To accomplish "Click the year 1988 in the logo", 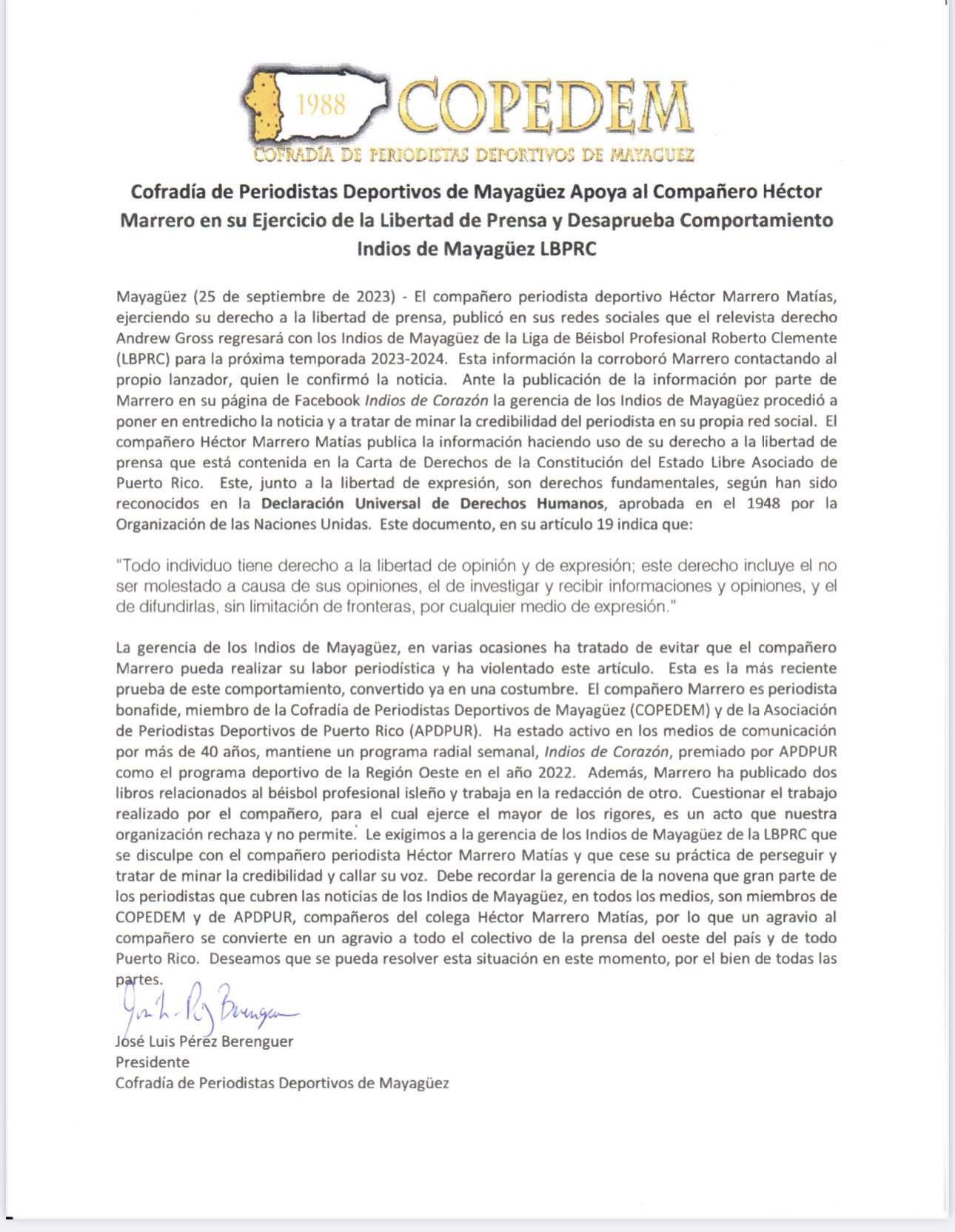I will point(321,104).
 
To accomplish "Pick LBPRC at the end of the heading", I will point(568,248).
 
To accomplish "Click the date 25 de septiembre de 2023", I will point(292,296).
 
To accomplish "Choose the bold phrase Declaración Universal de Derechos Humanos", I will point(432,504).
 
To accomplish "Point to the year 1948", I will point(763,504).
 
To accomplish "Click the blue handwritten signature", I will point(207,1008).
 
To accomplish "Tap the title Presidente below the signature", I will point(153,1062).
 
